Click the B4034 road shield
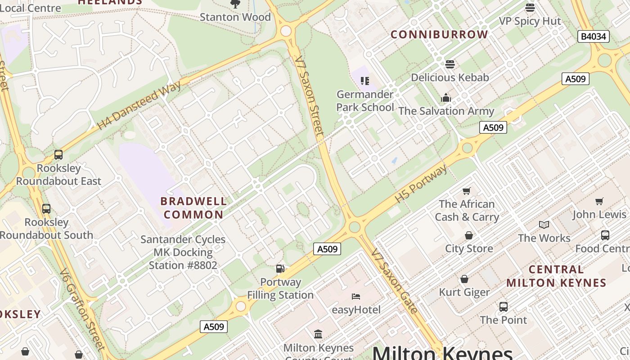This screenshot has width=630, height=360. [x=593, y=36]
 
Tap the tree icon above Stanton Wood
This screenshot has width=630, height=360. [x=235, y=4]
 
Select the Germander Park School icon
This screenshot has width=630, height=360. [x=365, y=81]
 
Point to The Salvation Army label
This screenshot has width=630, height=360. [x=446, y=111]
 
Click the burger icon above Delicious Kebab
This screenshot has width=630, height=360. [x=450, y=64]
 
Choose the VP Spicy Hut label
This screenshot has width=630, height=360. [x=530, y=21]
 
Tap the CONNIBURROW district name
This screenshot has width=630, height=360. [x=439, y=35]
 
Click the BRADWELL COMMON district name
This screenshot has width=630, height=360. [x=192, y=208]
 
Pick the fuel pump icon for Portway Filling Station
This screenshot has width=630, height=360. [x=280, y=269]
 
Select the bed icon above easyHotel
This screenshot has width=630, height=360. [x=356, y=296]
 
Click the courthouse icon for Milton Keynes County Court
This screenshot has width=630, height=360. [x=318, y=334]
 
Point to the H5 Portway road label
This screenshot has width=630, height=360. [x=421, y=184]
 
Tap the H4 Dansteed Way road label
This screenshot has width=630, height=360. [x=139, y=105]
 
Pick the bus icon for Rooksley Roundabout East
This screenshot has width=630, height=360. [x=58, y=155]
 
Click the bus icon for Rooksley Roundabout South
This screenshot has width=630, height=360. [x=46, y=209]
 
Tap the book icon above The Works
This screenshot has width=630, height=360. [x=544, y=225]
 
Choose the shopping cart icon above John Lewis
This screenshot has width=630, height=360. [x=599, y=201]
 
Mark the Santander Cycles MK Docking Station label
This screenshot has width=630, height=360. [x=183, y=252]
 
